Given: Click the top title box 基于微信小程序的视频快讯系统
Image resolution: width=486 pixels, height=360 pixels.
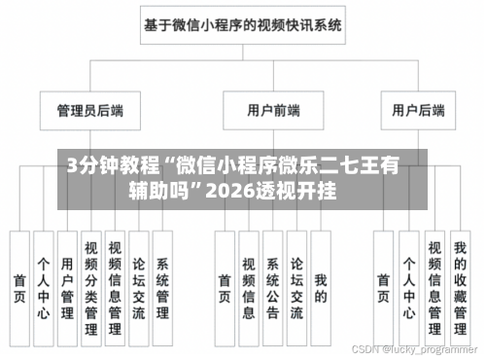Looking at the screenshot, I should [242, 26].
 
